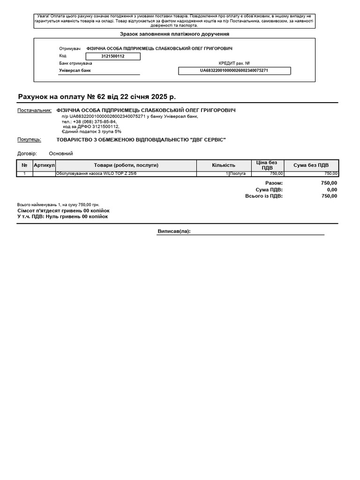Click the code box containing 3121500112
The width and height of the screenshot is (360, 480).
pos(112,56)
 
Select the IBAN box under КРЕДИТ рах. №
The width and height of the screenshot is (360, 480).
pos(234,71)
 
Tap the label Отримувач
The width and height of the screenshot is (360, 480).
pos(70,49)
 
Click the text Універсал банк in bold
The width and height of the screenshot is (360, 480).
pos(75,71)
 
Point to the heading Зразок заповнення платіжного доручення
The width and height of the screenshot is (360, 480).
pos(174,34)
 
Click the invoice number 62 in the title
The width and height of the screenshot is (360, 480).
pos(101,97)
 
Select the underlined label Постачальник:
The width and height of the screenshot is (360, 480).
pos(34,111)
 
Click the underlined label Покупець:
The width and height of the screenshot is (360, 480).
pos(29,140)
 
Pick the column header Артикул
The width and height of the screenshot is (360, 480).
pos(44,165)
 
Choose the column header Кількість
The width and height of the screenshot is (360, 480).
pos(224,165)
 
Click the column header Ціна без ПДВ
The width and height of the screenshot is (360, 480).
pos(267,165)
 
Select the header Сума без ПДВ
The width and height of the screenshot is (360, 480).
pos(311,165)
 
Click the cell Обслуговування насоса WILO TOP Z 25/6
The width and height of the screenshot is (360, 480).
pos(96,174)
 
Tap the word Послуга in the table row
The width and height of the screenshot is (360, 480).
pos(238,174)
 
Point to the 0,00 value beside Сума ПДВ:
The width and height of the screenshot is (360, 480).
pos(332,190)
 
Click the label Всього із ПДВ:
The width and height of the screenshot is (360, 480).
pos(264,196)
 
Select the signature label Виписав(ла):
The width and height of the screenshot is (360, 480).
pos(174,232)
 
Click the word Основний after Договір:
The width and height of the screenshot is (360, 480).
pos(61,154)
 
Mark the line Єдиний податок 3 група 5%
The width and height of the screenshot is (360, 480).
pos(91,132)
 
